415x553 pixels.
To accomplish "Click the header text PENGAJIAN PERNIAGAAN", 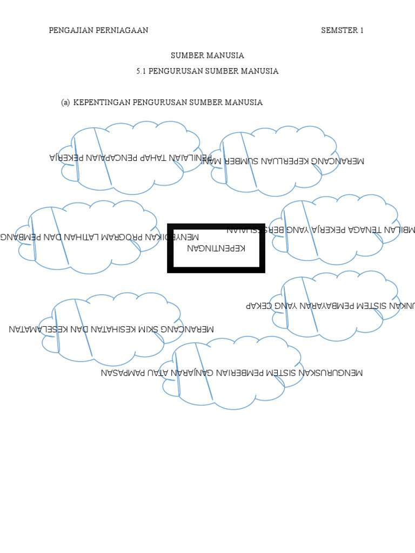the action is click(98, 30).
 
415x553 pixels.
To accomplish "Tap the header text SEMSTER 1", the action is click(342, 30).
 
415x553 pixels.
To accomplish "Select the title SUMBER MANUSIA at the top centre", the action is click(207, 55).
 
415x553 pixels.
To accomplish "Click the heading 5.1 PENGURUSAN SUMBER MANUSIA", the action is click(207, 71).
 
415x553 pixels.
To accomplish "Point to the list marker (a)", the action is click(65, 103).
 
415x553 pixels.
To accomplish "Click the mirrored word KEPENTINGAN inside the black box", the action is click(216, 248).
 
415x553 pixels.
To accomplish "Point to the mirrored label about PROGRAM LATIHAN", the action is click(100, 237).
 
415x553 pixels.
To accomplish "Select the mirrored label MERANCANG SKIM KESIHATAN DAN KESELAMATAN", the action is click(111, 328).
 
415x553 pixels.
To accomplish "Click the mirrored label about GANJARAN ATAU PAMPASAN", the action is click(232, 373).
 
